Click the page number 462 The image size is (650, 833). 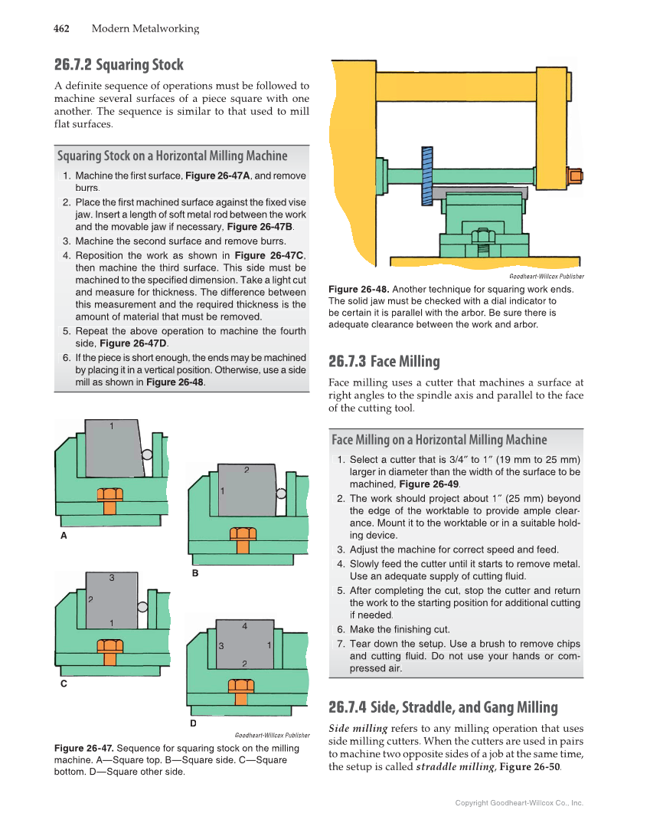pyautogui.click(x=61, y=29)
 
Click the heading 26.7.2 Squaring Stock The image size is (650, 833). pyautogui.click(x=119, y=64)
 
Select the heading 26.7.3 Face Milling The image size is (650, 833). pyautogui.click(x=384, y=361)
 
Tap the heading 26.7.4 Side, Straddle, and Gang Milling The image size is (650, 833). pyautogui.click(x=443, y=707)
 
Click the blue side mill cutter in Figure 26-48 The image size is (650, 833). pyautogui.click(x=426, y=175)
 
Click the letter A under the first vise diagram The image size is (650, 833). pyautogui.click(x=64, y=536)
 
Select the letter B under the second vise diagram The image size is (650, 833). pyautogui.click(x=195, y=572)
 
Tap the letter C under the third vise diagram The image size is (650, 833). pyautogui.click(x=64, y=683)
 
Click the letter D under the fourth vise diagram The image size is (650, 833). pyautogui.click(x=193, y=723)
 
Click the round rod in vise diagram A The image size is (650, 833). pyautogui.click(x=146, y=454)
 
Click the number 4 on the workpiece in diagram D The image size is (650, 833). pyautogui.click(x=244, y=626)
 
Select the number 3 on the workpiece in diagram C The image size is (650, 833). pyautogui.click(x=112, y=579)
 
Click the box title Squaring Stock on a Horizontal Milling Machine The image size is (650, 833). pyautogui.click(x=172, y=156)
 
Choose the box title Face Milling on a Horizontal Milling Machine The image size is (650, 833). pyautogui.click(x=439, y=440)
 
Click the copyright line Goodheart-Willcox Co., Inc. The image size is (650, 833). pyautogui.click(x=519, y=803)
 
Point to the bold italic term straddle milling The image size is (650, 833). pyautogui.click(x=455, y=766)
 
